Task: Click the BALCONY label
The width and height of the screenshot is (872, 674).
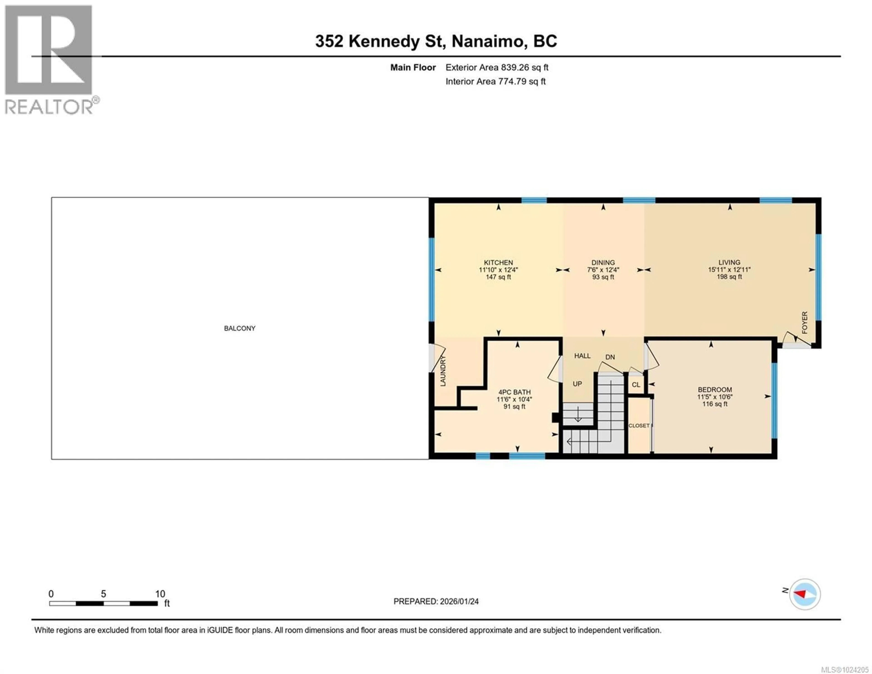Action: pos(240,328)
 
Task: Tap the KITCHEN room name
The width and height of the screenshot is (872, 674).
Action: pos(498,262)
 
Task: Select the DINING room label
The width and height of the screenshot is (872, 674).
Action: pos(603,262)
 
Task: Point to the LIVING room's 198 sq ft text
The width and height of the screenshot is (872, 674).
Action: pos(729,276)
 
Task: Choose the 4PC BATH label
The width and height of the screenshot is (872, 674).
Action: pos(514,392)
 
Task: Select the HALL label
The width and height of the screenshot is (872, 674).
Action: pos(582,356)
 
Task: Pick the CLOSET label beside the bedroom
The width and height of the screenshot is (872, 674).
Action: pos(639,425)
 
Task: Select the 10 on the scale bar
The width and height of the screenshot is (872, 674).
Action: pos(160,594)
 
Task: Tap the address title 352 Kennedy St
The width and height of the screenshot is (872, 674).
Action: pos(436,41)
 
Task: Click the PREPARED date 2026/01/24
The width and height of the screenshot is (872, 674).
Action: pos(436,601)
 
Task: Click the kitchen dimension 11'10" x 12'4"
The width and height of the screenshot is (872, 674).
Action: pos(498,270)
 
